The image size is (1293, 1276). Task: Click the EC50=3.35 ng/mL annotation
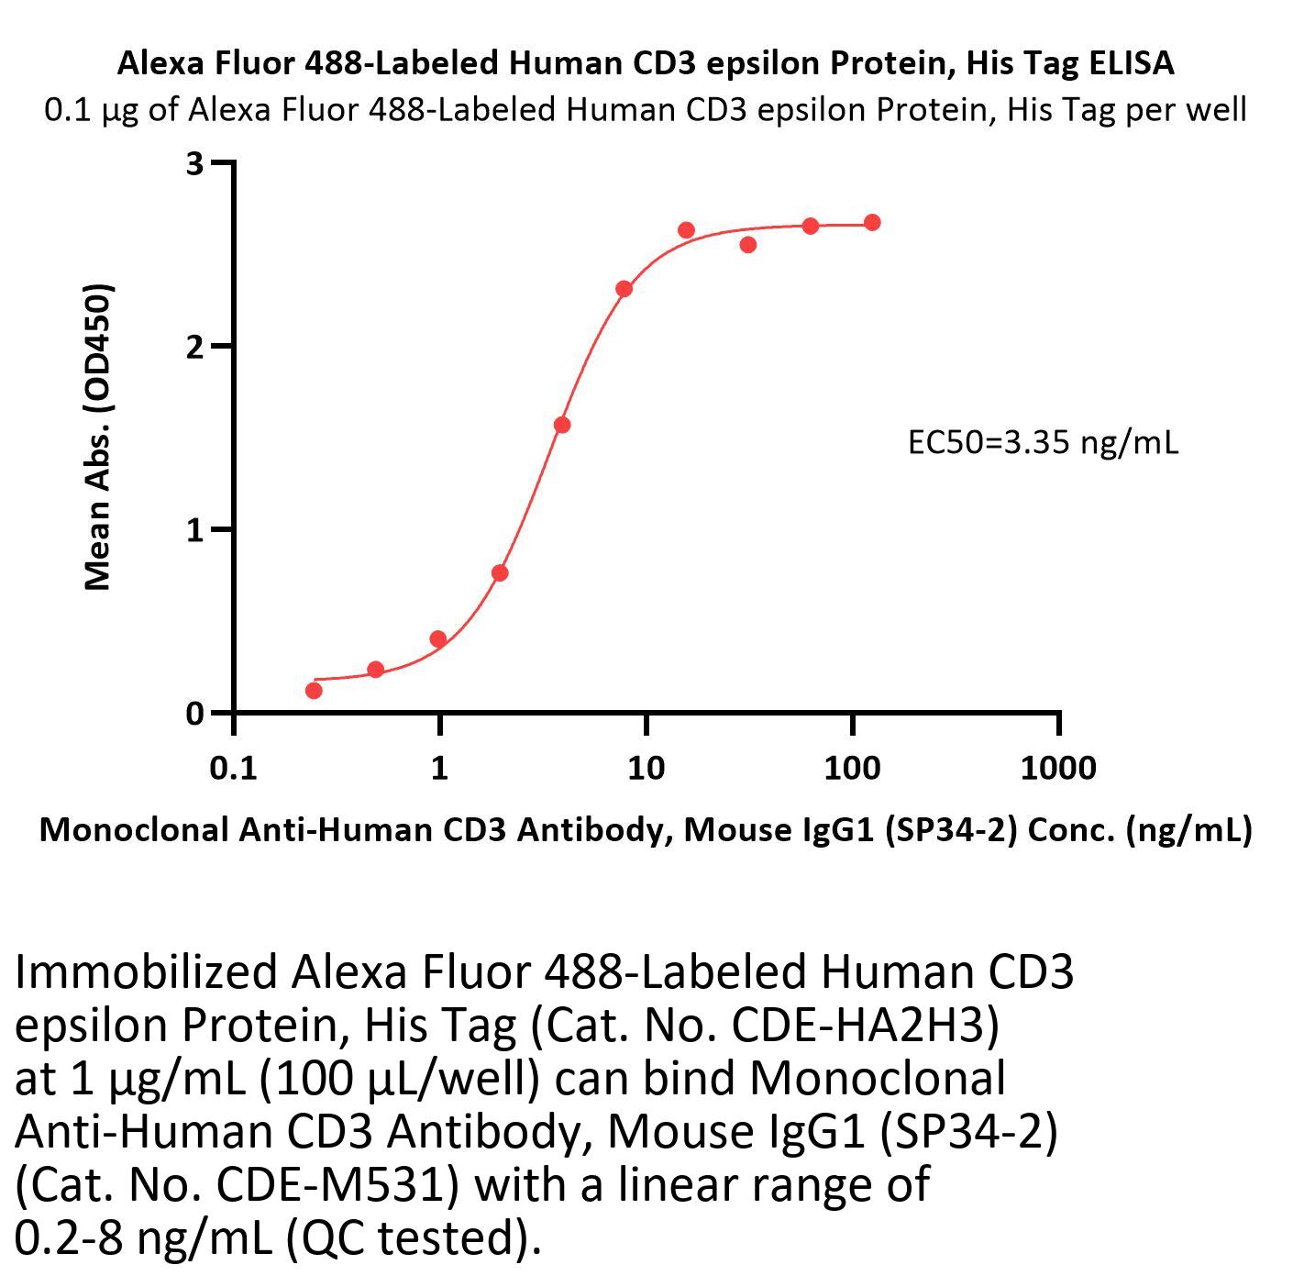click(x=1043, y=443)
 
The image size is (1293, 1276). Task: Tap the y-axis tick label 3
click(x=193, y=163)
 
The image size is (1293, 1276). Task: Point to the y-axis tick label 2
click(x=193, y=347)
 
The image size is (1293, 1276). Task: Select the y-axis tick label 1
click(x=193, y=530)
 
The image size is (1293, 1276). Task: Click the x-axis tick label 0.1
click(x=233, y=767)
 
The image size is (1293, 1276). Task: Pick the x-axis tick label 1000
click(x=1057, y=767)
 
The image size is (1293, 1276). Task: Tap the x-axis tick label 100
click(x=852, y=767)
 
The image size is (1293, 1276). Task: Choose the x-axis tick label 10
click(x=646, y=767)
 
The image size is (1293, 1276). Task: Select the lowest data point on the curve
click(x=314, y=690)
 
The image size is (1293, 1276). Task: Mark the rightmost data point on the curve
click(x=872, y=223)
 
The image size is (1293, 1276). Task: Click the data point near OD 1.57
click(x=562, y=425)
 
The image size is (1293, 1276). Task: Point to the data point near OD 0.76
click(x=500, y=573)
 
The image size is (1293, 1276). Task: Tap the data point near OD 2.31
click(x=624, y=289)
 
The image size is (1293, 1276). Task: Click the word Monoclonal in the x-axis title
click(x=134, y=829)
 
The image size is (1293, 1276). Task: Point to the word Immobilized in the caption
click(x=145, y=972)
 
